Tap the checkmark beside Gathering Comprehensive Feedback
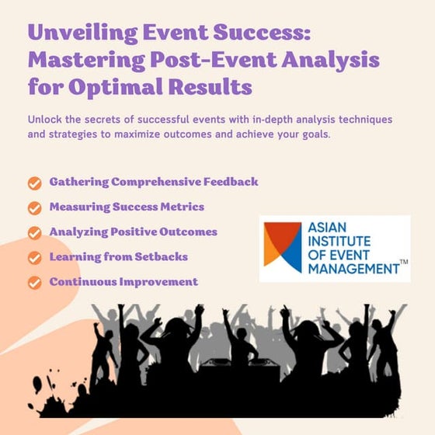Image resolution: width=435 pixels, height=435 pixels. pos(34,183)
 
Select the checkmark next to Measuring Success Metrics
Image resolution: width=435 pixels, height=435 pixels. pos(34,208)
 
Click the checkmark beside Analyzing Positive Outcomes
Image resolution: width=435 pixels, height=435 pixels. pos(34,233)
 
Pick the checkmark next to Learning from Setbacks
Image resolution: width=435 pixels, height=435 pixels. pos(34,258)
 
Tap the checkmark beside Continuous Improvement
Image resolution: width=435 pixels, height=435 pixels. pos(34,283)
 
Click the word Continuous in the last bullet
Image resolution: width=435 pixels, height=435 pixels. pos(83,281)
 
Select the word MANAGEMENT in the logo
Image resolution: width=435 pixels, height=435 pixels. pos(353,269)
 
